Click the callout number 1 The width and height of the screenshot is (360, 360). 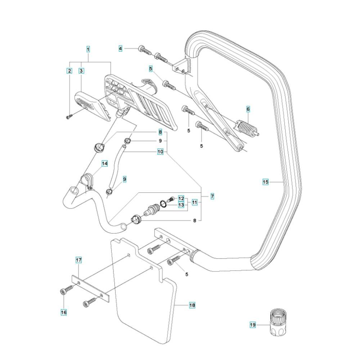point(88,48)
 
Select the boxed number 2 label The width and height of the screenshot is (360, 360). point(69,71)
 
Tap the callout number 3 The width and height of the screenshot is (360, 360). point(81,71)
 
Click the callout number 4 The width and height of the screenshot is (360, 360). point(121,48)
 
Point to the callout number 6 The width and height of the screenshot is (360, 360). point(248,108)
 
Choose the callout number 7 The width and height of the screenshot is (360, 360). point(212,196)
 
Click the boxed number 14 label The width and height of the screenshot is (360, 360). point(104,164)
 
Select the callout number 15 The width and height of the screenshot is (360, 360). point(265,182)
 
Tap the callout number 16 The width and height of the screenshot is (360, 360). point(63,312)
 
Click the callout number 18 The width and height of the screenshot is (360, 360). point(192,305)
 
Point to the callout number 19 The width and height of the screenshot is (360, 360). point(253,325)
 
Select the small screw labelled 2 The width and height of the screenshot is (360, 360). point(69,116)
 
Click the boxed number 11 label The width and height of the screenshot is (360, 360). point(195,202)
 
